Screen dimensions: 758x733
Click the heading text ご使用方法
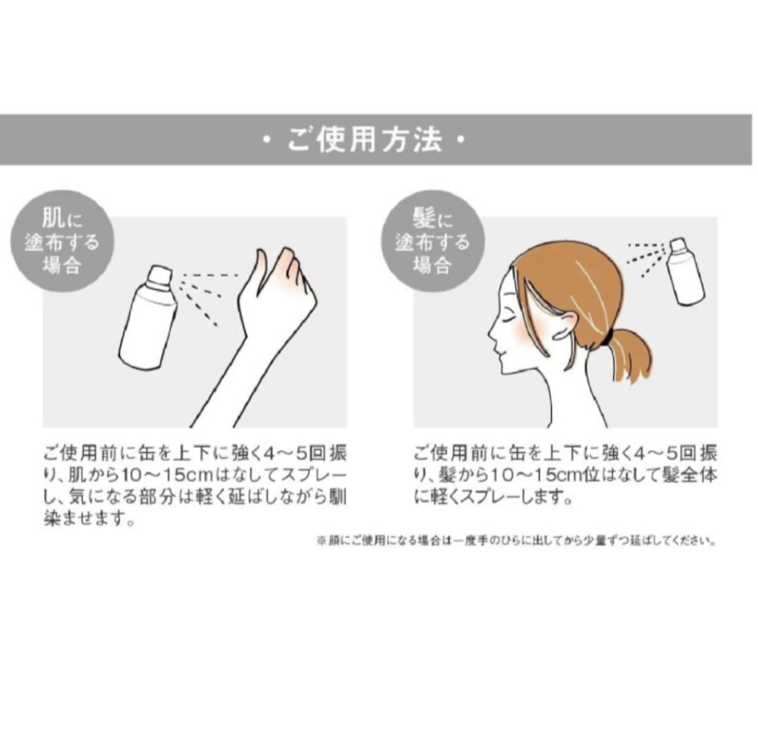pyautogui.click(x=365, y=140)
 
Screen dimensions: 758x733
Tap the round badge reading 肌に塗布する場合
pyautogui.click(x=62, y=240)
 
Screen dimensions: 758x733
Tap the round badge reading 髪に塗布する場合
pyautogui.click(x=433, y=240)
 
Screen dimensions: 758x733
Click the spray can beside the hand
pyautogui.click(x=147, y=318)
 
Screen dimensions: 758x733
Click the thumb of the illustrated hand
pyautogui.click(x=257, y=276)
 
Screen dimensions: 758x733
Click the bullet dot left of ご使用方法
pyautogui.click(x=265, y=140)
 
